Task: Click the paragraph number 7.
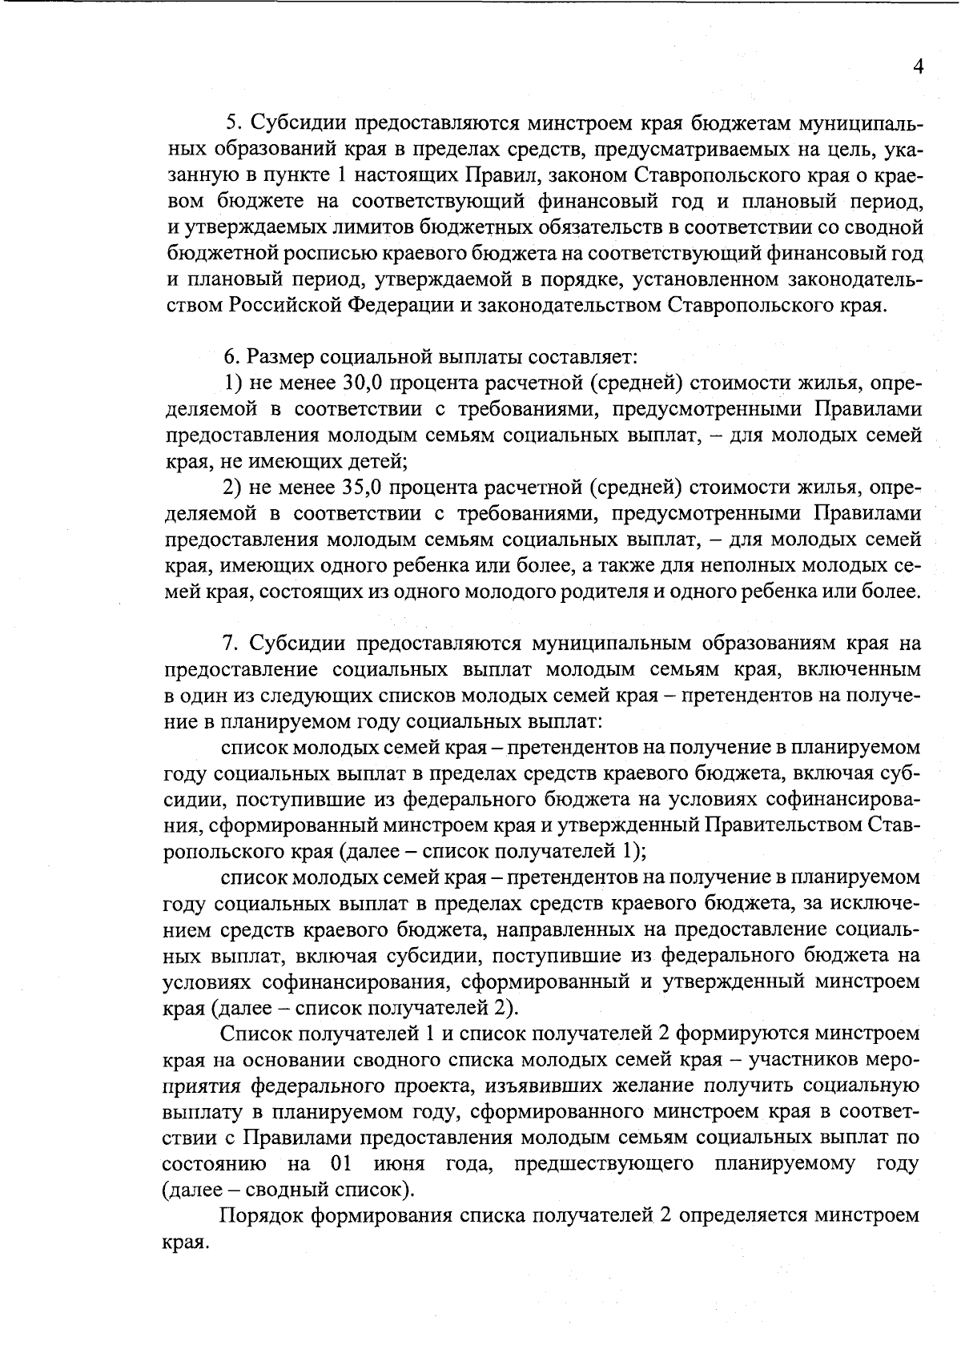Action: coord(227,643)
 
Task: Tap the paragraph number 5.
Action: coord(232,122)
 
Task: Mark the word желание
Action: coord(684,1085)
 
